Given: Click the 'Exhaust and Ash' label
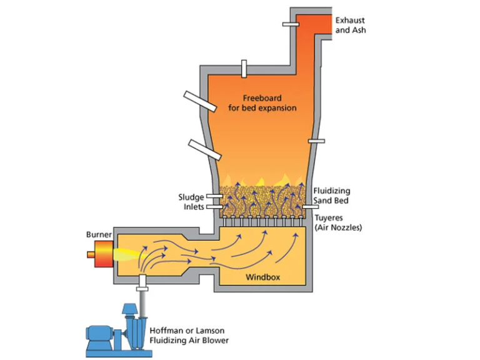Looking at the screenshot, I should [351, 24].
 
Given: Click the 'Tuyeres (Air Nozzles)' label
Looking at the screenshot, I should [337, 222].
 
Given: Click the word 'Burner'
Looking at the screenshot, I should [99, 234].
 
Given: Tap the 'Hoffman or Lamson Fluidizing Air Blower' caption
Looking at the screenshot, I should [189, 336].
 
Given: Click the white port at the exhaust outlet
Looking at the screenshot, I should [291, 24].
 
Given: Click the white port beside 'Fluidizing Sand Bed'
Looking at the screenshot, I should [307, 207].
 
